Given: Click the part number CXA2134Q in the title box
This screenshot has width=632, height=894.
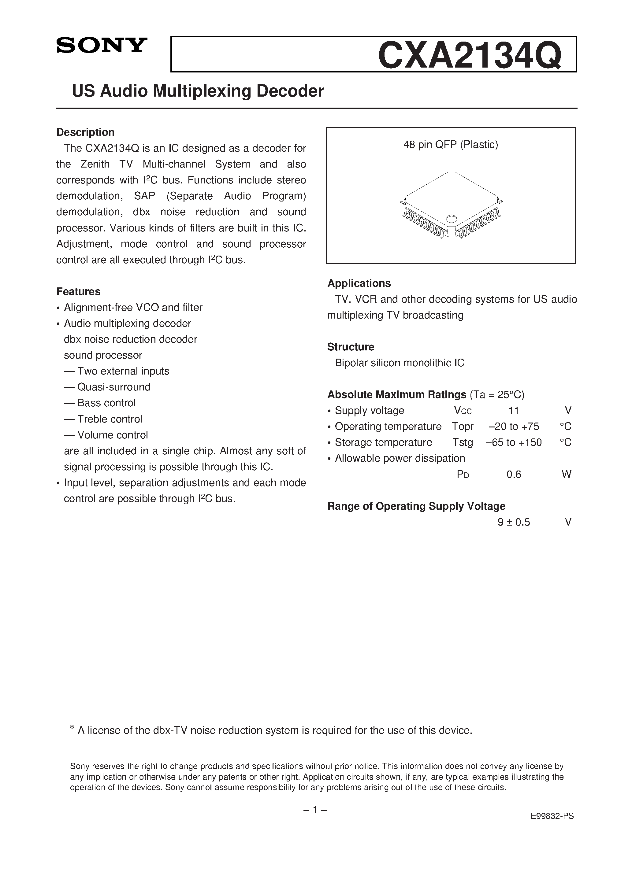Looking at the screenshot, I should [470, 56].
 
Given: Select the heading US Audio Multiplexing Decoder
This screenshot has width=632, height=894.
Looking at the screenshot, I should [198, 91].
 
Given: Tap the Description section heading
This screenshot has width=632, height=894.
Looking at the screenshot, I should [85, 132].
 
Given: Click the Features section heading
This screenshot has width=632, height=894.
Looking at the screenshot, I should [78, 292].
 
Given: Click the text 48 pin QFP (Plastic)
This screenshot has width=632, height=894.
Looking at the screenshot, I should [451, 145].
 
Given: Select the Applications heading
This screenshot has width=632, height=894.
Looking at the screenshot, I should [359, 283].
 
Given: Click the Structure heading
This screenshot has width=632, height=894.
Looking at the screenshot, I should [351, 347].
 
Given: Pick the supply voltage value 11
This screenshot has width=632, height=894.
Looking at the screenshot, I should [513, 411].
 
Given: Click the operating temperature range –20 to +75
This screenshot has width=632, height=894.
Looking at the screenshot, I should [514, 427].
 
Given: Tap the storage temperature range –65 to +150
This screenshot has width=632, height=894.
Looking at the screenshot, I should [514, 443].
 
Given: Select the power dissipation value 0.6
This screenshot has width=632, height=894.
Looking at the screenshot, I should [514, 475].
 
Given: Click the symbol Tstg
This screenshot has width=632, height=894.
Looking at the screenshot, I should [463, 443].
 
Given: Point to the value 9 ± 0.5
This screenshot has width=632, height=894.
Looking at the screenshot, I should [514, 523].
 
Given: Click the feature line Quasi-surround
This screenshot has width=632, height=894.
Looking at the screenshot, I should [113, 387].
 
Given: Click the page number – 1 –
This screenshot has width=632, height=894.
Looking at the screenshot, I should [315, 810].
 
